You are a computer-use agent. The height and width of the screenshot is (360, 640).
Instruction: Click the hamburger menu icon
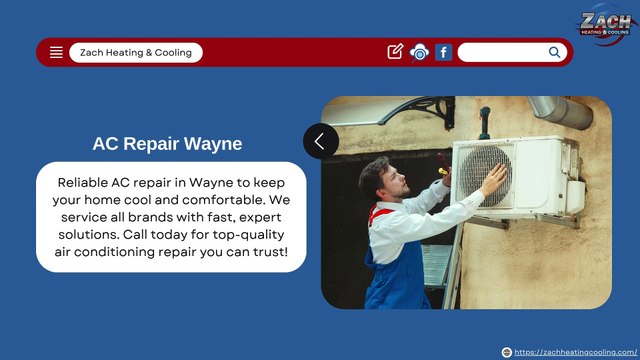tap(56, 52)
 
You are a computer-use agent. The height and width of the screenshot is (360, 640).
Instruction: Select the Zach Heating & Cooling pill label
tap(136, 52)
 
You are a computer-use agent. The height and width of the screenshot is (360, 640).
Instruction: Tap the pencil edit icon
tap(395, 52)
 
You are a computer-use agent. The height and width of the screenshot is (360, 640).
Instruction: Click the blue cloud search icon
tap(419, 52)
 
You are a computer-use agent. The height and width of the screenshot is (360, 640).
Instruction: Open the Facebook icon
tap(444, 52)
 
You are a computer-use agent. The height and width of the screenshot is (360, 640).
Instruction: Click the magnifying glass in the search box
tap(555, 52)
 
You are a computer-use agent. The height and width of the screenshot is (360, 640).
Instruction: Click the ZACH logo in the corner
tap(605, 24)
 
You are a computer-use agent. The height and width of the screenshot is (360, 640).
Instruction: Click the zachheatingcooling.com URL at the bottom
tap(574, 352)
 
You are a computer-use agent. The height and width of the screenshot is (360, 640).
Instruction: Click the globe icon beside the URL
tap(507, 352)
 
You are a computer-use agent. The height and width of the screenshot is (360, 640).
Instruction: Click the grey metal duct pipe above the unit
tap(559, 111)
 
